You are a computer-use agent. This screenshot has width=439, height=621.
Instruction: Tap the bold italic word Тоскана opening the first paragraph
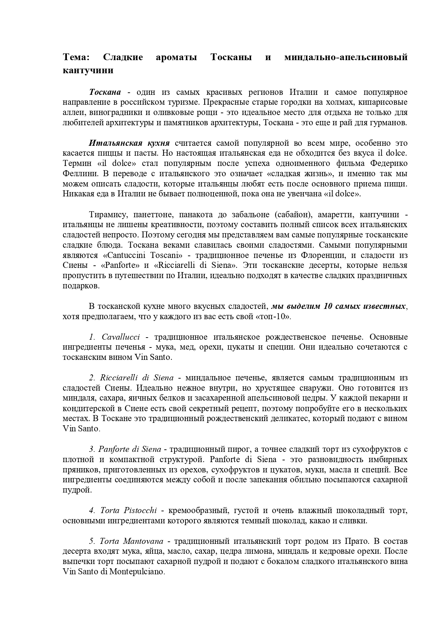105,92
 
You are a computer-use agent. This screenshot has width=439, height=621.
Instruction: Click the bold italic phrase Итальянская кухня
129,143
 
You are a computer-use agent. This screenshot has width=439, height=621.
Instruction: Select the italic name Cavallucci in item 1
120,337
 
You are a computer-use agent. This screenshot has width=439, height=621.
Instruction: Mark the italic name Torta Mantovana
131,541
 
